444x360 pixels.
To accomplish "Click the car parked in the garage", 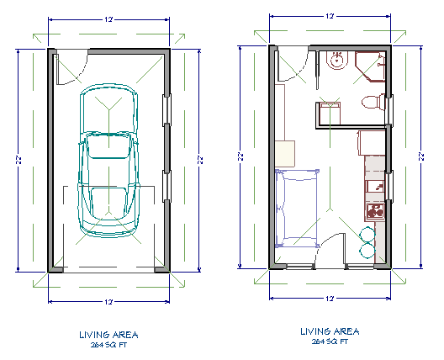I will pos(109,160).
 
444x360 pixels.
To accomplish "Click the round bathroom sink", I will pos(336,61).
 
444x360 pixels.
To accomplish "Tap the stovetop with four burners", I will pos(373,209).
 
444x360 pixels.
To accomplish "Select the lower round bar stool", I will pos(367,250).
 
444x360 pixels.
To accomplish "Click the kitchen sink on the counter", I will pos(373,183).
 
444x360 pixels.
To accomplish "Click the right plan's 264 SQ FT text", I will pos(329,341).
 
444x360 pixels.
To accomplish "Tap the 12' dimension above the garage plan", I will pos(109,19).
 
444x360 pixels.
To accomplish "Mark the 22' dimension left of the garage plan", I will pos(19,159).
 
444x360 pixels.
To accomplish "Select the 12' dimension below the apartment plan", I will pos(330,299).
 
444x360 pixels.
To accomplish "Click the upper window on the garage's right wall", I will pos(166,107).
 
